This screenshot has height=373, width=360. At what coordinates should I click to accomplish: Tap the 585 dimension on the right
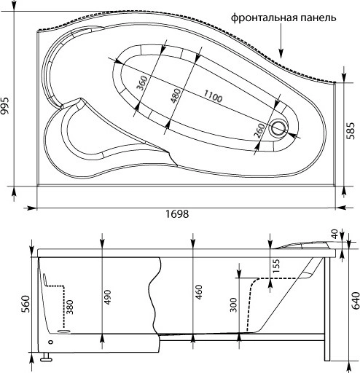352,132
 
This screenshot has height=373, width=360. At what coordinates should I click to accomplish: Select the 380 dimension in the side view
71,307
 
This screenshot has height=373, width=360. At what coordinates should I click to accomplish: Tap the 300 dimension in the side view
234,304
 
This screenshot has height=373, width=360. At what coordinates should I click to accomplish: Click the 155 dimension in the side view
275,267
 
